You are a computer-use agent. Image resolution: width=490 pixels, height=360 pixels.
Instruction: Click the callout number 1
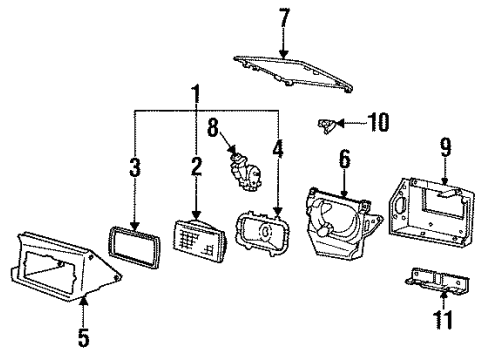(196, 97)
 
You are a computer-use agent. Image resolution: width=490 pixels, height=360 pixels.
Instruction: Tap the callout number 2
(197, 164)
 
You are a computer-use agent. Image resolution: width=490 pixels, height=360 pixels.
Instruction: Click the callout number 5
(84, 337)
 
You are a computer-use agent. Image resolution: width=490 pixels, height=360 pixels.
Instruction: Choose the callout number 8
(212, 127)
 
